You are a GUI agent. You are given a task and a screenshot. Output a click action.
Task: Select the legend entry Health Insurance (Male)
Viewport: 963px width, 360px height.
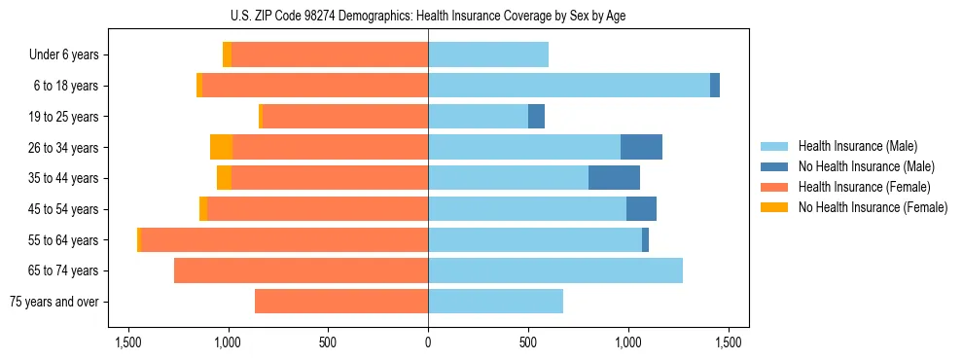coord(857,146)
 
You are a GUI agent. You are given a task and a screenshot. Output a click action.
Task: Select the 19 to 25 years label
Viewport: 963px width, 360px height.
coord(64,117)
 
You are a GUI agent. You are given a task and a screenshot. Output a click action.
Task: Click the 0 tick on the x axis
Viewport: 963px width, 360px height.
coord(428,342)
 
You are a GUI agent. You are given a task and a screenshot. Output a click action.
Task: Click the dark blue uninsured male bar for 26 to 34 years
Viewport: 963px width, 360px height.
coord(641,147)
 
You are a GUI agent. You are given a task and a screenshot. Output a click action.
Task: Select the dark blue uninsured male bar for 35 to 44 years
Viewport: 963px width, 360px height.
coord(614,178)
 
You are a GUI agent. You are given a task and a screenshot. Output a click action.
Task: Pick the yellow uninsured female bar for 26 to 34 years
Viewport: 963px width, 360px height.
coord(221,147)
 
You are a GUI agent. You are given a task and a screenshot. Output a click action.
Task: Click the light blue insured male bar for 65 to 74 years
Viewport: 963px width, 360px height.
coord(555,270)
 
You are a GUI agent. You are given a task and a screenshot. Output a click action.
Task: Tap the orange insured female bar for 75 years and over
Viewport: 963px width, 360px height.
coord(341,302)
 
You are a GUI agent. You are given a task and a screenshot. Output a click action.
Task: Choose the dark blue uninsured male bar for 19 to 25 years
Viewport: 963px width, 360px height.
coord(536,117)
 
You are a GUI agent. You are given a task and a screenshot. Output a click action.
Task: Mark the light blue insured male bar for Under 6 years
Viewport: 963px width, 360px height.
coord(488,55)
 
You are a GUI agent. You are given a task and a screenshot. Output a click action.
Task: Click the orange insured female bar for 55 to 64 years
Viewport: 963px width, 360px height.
coord(285,239)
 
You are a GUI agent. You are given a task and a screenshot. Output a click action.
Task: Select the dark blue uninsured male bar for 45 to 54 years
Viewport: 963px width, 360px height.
coord(641,209)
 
